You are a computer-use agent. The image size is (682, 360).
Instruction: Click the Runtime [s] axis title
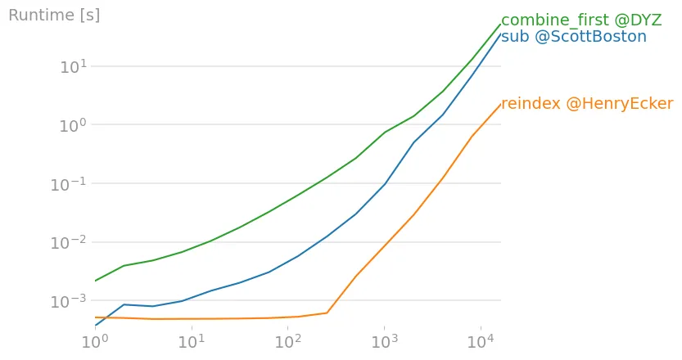54,16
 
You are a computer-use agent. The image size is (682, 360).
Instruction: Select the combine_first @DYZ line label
580,20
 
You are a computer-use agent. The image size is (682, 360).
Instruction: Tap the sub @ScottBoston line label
573,37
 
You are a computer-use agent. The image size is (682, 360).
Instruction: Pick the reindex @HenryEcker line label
587,104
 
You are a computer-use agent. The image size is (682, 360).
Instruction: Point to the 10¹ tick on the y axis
73,67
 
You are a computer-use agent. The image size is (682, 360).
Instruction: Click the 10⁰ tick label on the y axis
73,126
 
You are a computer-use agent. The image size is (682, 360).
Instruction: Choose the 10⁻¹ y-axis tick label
70,185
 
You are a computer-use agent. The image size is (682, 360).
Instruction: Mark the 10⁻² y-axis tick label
70,244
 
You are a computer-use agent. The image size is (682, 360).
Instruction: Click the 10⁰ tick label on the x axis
95,341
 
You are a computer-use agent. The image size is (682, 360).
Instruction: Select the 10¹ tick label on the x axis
192,341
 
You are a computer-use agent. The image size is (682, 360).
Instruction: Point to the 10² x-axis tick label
287,341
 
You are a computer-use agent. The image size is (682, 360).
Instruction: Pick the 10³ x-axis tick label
383,341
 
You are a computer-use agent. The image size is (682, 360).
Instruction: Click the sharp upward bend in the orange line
327,313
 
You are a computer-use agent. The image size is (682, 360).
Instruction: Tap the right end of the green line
500,24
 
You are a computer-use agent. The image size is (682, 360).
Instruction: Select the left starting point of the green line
95,281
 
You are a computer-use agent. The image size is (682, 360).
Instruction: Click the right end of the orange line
500,104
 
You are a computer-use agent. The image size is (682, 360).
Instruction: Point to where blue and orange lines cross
102,317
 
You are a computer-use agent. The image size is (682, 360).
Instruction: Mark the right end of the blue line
500,34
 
